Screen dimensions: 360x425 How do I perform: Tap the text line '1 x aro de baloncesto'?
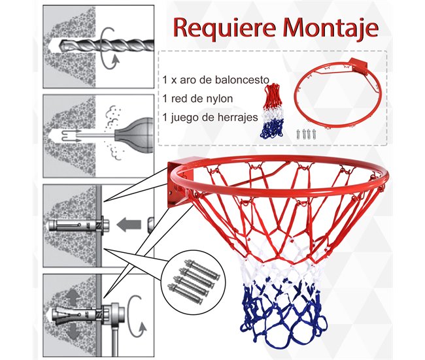216,80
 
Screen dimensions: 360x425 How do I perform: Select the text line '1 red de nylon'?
199,99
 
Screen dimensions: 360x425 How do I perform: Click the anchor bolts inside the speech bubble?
196,275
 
